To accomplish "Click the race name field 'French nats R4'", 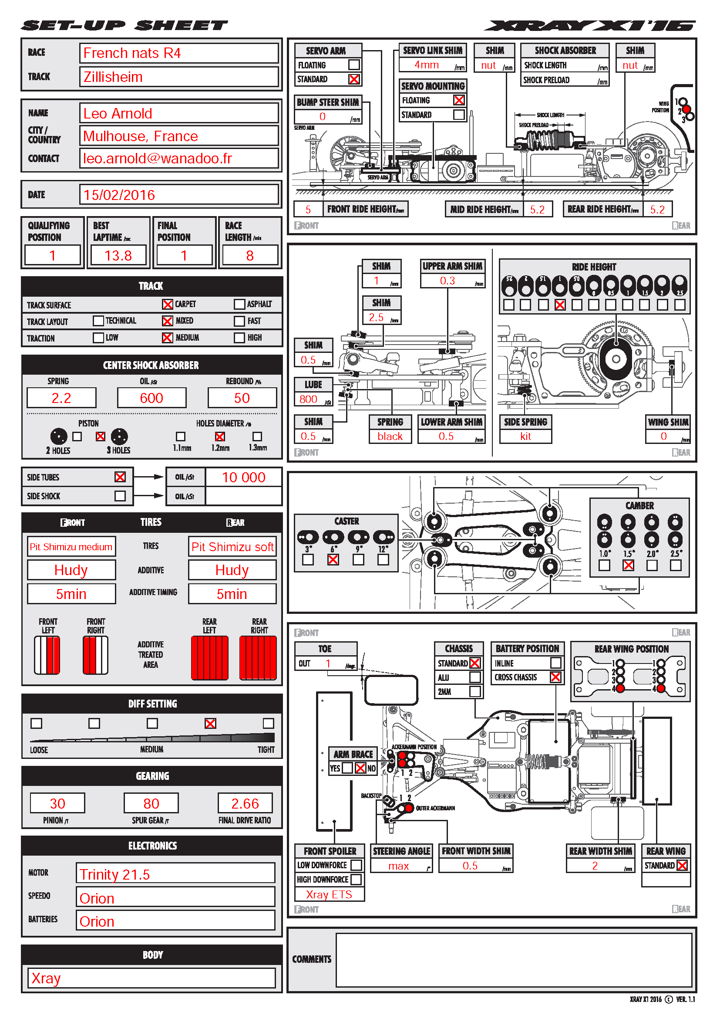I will pos(178,53).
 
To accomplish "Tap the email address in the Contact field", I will pos(158,159).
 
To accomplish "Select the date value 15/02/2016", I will pos(120,195).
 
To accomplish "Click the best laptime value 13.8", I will pos(118,256).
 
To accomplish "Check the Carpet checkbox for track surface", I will pos(167,305).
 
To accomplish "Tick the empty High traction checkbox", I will pos(239,338).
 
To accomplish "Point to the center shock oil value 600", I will pos(151,398).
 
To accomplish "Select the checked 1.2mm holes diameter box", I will pos(219,437).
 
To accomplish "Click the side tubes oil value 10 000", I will pos(243,477).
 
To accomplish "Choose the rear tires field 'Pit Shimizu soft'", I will pos(232,547).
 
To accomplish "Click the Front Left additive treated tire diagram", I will pos(47,655).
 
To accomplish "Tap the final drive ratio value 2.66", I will pos(245,804).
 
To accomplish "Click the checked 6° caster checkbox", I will pos(333,560).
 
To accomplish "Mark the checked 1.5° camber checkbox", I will pos(628,565).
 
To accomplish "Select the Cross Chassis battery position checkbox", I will pos(555,677).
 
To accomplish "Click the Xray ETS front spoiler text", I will pos(329,895).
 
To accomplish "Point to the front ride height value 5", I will pos(308,210).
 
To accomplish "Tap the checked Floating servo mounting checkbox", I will pos(459,100).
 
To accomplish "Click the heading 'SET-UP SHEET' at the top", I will pos(124,26).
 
